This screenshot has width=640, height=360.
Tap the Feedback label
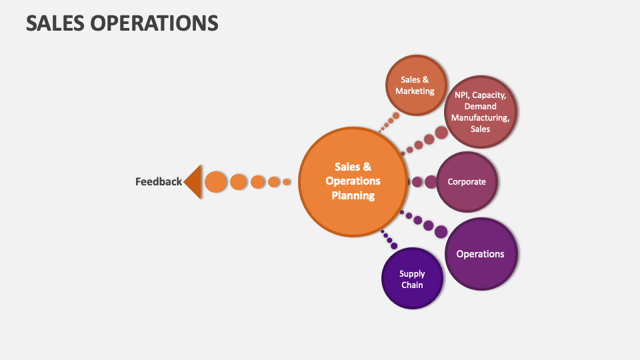pyautogui.click(x=158, y=181)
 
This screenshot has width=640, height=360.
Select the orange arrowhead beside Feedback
pyautogui.click(x=193, y=181)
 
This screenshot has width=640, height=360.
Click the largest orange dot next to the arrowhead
pyautogui.click(x=215, y=181)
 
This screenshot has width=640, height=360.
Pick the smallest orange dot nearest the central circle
pyautogui.click(x=287, y=181)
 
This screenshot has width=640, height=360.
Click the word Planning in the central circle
pyautogui.click(x=353, y=195)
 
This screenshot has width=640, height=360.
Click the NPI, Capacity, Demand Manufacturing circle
pyautogui.click(x=480, y=112)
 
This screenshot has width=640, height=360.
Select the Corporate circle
pyautogui.click(x=467, y=181)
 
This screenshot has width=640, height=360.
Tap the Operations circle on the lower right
pyautogui.click(x=481, y=254)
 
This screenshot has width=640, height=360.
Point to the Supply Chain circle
pyautogui.click(x=412, y=279)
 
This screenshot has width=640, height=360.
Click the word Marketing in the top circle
pyautogui.click(x=415, y=91)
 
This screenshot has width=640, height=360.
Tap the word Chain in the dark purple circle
pyautogui.click(x=412, y=285)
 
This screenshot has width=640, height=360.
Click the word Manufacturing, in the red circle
pyautogui.click(x=480, y=118)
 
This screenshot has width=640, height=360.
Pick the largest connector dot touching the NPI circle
pyautogui.click(x=441, y=133)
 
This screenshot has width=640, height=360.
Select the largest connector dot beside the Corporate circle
pyautogui.click(x=431, y=181)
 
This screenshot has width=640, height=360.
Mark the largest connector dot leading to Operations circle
pyautogui.click(x=441, y=231)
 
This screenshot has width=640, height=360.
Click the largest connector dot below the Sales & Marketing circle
pyautogui.click(x=396, y=116)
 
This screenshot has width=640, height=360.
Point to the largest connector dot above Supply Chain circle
pyautogui.click(x=394, y=245)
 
